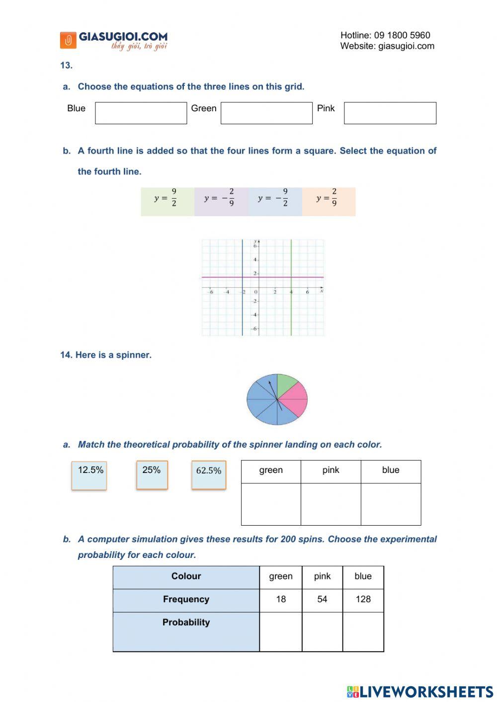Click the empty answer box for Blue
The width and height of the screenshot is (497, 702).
141,113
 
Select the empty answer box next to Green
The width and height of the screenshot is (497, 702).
266,113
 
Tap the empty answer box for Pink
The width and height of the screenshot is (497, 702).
390,113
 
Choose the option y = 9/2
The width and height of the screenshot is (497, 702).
167,201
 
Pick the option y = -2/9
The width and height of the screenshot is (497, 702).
221,201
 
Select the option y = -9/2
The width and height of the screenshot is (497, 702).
274,201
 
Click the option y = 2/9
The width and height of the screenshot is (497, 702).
329,201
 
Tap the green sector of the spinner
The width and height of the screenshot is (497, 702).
285,385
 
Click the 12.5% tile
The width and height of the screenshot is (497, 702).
89,475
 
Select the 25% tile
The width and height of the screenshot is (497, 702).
152,474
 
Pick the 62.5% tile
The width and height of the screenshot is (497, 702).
209,475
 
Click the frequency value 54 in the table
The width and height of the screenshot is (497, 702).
322,600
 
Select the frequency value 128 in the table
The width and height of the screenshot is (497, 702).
363,600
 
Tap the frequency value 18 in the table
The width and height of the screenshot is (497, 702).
281,600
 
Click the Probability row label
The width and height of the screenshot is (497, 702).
186,623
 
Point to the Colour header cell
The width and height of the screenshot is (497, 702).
186,576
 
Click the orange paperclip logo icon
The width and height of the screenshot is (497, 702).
68,40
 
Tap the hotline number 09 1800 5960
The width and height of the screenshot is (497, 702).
402,35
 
